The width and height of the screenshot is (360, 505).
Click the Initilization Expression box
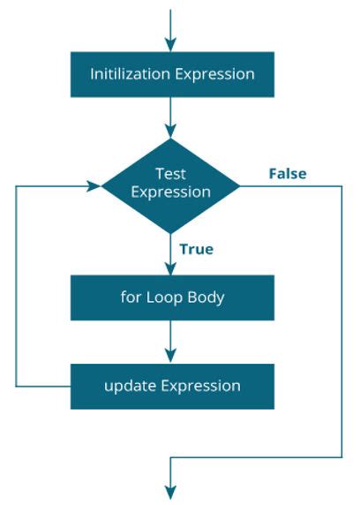172,74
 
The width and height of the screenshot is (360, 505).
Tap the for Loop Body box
172,297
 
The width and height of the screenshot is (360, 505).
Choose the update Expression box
172,386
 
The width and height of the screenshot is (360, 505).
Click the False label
287,174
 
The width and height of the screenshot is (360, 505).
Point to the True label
196,249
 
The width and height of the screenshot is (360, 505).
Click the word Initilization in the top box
130,74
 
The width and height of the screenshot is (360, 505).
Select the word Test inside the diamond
169,173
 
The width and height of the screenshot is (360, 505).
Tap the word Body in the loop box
206,297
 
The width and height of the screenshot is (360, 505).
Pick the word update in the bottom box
126,386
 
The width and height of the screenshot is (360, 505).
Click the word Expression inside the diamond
170,192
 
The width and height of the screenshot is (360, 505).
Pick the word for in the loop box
131,297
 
